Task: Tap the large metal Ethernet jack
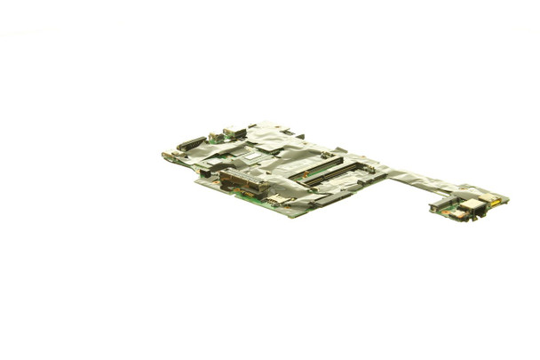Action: click(x=468, y=206)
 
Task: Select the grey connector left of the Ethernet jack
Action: click(x=441, y=207)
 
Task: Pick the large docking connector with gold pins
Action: click(x=242, y=182)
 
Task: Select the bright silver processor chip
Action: click(x=253, y=156)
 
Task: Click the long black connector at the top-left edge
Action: click(x=190, y=143)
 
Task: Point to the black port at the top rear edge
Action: click(x=234, y=132)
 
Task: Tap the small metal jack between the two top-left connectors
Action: click(x=213, y=137)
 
